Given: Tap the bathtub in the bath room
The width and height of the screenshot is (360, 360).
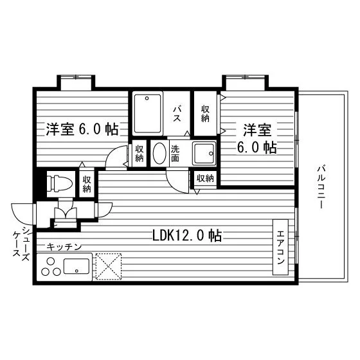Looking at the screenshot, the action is coord(147,114).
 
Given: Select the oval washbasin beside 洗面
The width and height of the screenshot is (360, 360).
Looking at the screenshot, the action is coord(159,154).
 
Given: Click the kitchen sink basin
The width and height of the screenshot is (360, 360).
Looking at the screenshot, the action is coord(76,266).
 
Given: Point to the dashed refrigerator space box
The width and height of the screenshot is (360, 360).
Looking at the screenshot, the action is coord(109,267).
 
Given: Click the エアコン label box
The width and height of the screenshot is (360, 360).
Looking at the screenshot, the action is coord(280,247).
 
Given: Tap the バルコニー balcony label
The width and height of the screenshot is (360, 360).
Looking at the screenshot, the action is coord(321,186).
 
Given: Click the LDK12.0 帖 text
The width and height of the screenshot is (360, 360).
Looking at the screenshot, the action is coord(187,235).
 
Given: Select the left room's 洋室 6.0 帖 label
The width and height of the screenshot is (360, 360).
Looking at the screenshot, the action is coord(82,129).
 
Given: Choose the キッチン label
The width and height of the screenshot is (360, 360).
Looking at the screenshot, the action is coord(64,247).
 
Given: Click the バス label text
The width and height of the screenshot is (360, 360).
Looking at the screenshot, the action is coord(177,114).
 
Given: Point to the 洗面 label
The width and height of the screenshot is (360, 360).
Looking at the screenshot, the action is coord(175,154).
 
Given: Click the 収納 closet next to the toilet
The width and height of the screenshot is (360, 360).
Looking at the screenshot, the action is coord(87,184).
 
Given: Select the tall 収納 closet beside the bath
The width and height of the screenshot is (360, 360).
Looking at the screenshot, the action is coord(205,114).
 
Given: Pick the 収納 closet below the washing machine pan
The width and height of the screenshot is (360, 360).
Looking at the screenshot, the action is coord(205,178).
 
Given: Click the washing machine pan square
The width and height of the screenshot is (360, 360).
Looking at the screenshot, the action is coord(204,154).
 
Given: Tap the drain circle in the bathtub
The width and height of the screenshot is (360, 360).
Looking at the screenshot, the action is coord(147,98).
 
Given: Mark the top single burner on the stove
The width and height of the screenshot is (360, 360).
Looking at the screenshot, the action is coord(51,261).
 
